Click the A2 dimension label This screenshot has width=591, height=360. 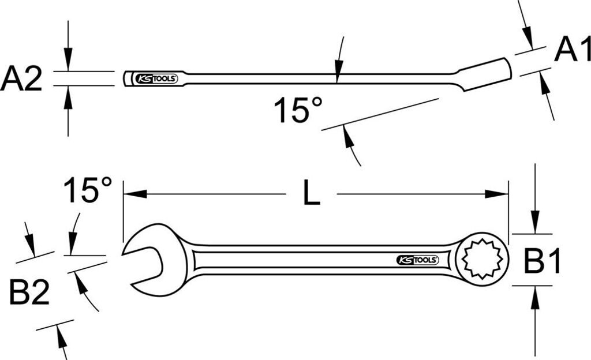(x=22, y=79)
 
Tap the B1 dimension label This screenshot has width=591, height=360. (x=543, y=263)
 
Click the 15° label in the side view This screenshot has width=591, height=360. (x=298, y=110)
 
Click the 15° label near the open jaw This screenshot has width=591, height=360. (x=88, y=190)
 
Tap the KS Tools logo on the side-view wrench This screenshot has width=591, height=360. (x=155, y=78)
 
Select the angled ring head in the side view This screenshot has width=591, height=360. (x=488, y=74)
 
